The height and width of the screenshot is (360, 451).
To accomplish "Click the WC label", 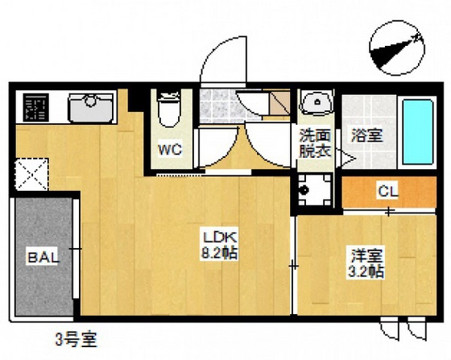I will [x=169, y=150].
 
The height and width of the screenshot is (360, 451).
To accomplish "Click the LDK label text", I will [x=217, y=238].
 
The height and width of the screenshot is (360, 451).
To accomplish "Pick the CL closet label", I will [x=387, y=192].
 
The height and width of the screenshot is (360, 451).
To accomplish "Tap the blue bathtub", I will [x=416, y=132].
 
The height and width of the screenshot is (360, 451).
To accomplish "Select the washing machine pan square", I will [x=313, y=190].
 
